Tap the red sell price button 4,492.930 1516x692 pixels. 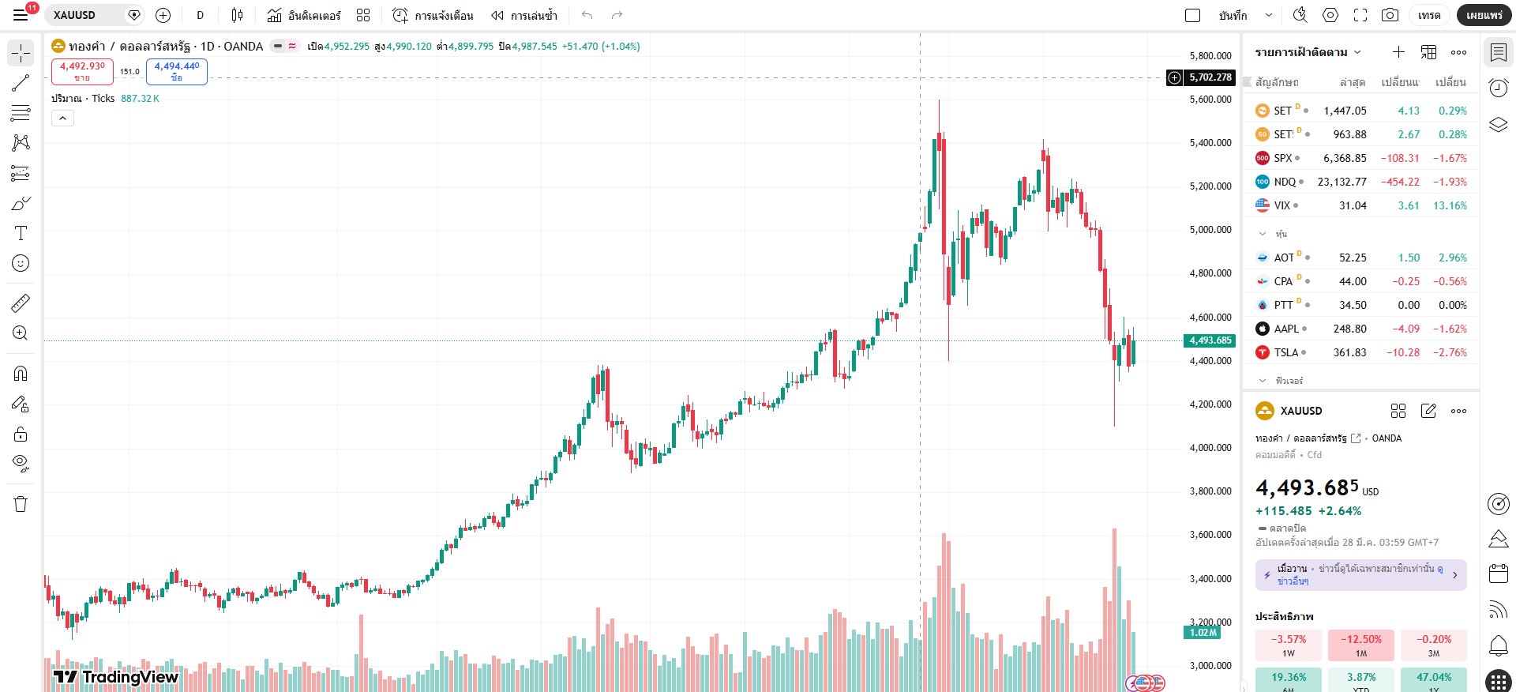coord(82,71)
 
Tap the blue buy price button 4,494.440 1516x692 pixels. coord(177,71)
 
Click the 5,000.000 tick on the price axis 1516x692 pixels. coord(1210,230)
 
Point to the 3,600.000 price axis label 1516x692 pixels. coord(1210,535)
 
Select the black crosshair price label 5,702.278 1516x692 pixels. coord(1210,77)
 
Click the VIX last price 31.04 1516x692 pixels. coord(1353,205)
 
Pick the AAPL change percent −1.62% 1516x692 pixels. coord(1450,329)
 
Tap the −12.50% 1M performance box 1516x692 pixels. coord(1360,645)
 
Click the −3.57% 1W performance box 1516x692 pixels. coord(1289,645)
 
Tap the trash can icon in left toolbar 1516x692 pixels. coord(21,504)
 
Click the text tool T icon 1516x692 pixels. coord(21,233)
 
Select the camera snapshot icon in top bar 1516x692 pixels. coord(1390,15)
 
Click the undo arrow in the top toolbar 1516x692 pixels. coord(587,15)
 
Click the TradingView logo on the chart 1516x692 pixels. coord(116,676)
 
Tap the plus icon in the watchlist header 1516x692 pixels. coord(1398,52)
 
